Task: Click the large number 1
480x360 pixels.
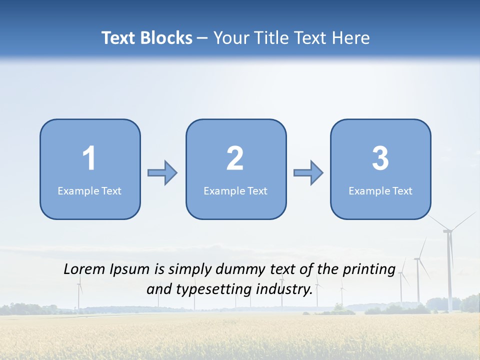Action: tap(89, 158)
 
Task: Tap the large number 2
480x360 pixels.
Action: tap(235, 158)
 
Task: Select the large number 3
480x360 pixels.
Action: tap(380, 158)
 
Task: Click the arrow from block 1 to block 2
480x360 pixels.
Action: tap(162, 173)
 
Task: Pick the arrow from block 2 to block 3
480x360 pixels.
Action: tap(308, 173)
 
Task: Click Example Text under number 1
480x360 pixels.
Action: tap(89, 191)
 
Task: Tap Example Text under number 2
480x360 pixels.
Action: tap(235, 191)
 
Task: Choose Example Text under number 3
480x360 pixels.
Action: tap(380, 191)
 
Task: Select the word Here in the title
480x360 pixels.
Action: tap(352, 38)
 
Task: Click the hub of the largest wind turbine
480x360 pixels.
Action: tap(448, 230)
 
